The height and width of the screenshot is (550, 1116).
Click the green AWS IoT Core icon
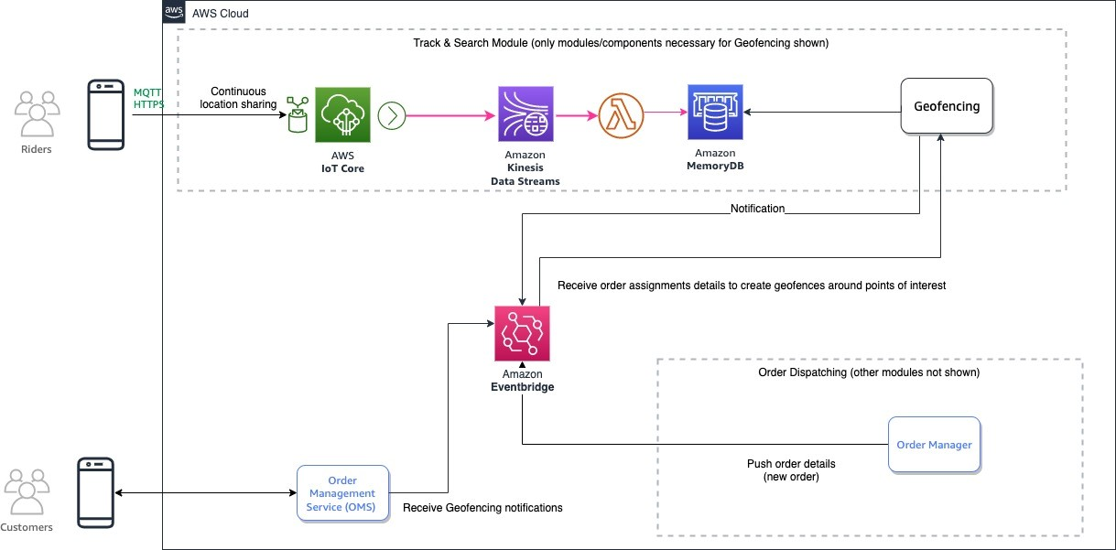[342, 115]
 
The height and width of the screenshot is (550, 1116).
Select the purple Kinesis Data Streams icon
[525, 114]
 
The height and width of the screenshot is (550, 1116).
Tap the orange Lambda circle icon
[621, 115]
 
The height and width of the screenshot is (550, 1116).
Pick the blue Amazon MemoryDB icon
[715, 112]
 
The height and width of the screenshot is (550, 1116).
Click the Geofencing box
[947, 105]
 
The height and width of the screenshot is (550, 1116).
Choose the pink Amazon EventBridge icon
[522, 333]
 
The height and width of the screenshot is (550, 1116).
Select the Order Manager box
[934, 445]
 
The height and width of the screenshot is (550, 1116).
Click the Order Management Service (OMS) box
[342, 493]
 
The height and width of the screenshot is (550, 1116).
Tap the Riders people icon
[38, 113]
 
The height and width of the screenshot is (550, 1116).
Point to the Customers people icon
[27, 491]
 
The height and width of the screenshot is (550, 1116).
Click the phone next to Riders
[105, 114]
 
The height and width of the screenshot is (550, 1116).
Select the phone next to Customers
[95, 492]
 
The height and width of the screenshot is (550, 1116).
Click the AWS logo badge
[174, 12]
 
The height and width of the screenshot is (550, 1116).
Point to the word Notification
[757, 209]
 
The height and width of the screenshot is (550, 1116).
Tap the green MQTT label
[147, 92]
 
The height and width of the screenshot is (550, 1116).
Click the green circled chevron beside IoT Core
[392, 115]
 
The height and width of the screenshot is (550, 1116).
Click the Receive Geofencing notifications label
[482, 508]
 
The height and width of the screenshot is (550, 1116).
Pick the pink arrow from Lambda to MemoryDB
[666, 113]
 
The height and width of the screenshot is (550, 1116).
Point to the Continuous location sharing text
[238, 98]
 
